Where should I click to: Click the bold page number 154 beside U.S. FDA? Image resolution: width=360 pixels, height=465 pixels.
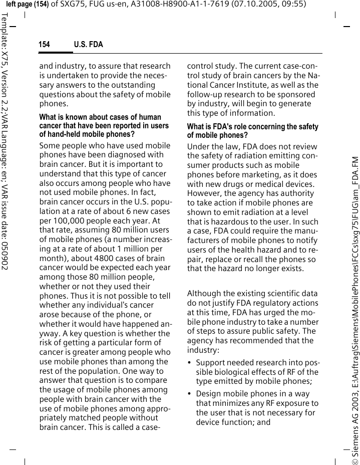pos(45,45)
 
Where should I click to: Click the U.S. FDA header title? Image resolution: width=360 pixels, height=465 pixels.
pos(88,45)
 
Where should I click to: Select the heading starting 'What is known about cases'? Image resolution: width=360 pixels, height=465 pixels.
pos(100,117)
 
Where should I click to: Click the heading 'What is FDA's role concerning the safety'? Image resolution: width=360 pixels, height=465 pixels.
pos(252,127)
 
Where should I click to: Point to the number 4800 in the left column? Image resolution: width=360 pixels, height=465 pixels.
pos(95,259)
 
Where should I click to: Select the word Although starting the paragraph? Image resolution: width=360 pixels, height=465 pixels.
pos(204,294)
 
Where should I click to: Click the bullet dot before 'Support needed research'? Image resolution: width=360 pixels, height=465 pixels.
pos(190,363)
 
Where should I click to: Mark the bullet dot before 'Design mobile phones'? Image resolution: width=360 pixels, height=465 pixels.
pos(190,394)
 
